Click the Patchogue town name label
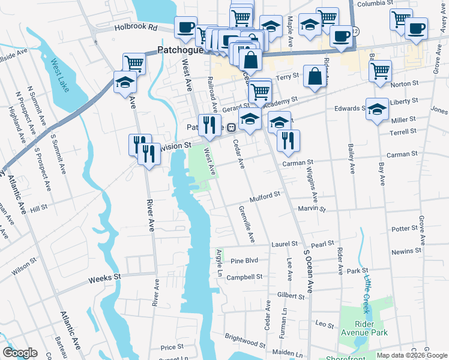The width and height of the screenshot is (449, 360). pos(181,51)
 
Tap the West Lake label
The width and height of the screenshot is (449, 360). pos(60,76)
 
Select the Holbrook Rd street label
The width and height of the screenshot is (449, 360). pos(137,27)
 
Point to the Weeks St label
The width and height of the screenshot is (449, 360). pos(104,278)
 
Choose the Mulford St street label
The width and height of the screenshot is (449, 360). pos(265,196)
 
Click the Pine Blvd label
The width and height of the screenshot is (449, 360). pos(244,261)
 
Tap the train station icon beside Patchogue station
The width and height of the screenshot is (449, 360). pos(231,127)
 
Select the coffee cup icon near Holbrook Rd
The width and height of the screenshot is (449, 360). pos(185,28)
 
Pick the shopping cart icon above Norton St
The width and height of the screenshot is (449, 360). pos(380,71)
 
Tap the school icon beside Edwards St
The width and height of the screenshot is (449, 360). pos(376,109)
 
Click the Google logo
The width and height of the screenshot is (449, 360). pos(20,353)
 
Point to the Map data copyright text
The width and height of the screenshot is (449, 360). pos(411,355)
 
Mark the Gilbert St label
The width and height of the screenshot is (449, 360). pos(292,296)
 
